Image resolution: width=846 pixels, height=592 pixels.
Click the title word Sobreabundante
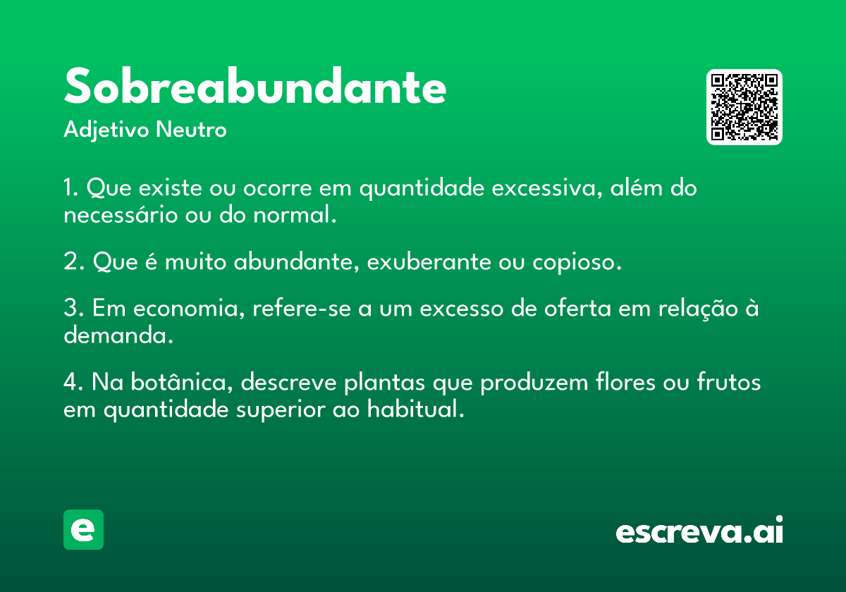(x=255, y=86)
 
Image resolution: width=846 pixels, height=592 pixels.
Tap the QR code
(x=744, y=107)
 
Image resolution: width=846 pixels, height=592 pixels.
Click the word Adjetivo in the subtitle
(x=106, y=130)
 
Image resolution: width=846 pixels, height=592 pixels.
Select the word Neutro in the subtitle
(x=191, y=129)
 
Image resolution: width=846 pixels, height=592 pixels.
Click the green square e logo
(x=83, y=529)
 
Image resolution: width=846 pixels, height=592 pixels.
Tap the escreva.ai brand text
(x=699, y=530)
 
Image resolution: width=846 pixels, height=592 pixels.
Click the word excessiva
(x=547, y=187)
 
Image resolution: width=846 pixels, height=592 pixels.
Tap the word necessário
(x=121, y=214)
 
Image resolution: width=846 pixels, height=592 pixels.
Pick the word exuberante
(x=429, y=261)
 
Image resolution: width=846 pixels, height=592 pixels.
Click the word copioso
(x=577, y=262)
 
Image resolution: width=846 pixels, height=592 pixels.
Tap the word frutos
(x=729, y=381)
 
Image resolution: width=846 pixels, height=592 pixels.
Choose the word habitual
(x=415, y=408)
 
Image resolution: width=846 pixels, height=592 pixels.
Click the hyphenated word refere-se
(x=302, y=307)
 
